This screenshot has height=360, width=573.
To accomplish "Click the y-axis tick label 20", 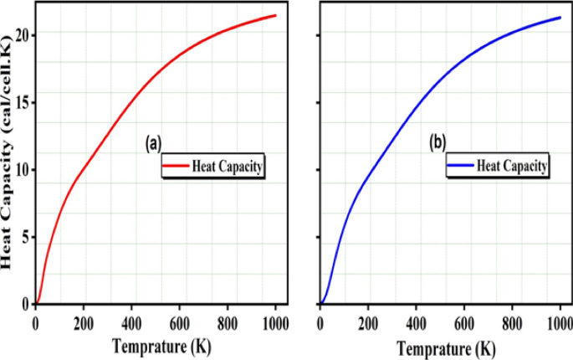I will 21,34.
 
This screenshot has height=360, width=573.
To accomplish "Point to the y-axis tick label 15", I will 21,102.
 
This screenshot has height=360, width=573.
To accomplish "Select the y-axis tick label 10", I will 21,170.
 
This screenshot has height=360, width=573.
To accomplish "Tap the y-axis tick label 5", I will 25,238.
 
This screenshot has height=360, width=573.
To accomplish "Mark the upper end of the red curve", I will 275,15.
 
